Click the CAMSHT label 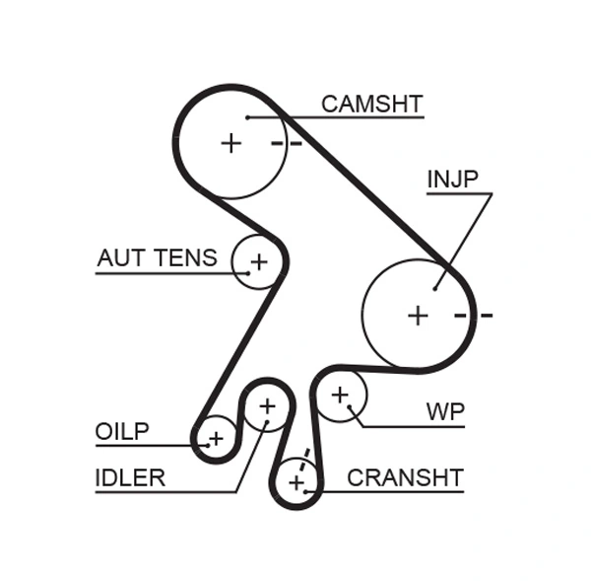pos(371,104)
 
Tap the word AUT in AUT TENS pos(117,258)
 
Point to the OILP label pos(122,431)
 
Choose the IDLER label pos(130,478)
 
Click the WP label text pos(445,411)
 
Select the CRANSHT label pos(405,478)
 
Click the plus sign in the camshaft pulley pos(230,143)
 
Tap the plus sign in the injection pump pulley pos(419,315)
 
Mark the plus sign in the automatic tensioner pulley pos(258,261)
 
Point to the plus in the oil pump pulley pos(216,437)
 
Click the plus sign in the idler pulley pos(267,405)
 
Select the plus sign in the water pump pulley pos(340,395)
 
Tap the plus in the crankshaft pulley pos(295,482)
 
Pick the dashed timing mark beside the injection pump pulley pos(473,316)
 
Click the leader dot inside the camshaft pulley pos(248,117)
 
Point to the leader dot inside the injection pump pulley pos(434,289)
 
